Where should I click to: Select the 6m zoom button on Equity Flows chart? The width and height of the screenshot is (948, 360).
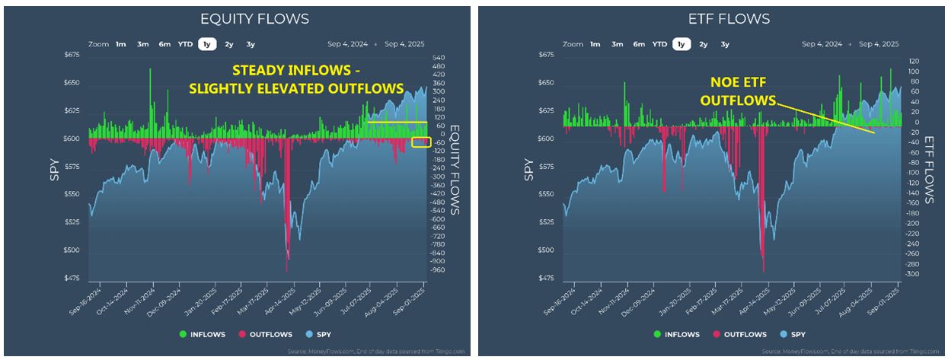tap(164, 44)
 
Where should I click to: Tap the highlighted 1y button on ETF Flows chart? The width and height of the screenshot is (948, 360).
tap(681, 44)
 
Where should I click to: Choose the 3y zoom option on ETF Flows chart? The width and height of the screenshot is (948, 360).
tap(725, 44)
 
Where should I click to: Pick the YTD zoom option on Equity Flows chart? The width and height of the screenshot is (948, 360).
tap(185, 44)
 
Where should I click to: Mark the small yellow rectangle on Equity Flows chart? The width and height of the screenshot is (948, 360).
tap(420, 142)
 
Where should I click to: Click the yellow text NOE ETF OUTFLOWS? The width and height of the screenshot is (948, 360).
tap(736, 92)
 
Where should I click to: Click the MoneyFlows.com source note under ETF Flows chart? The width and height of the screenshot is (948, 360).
tap(845, 352)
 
